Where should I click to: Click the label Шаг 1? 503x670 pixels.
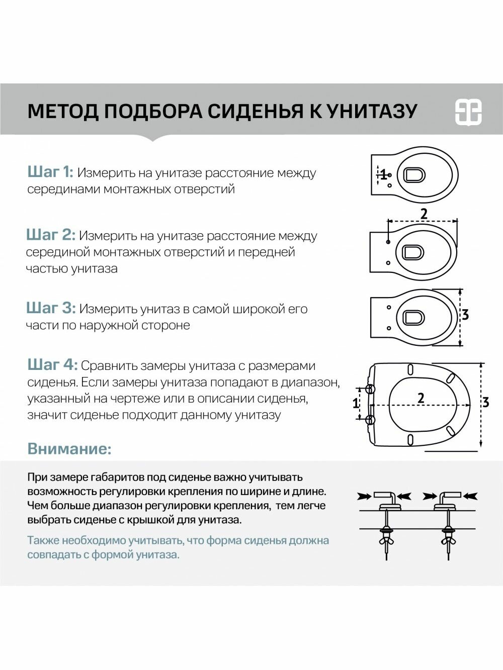(50, 172)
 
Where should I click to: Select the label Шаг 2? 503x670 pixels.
(51, 235)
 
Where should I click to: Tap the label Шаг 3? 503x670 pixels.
(51, 308)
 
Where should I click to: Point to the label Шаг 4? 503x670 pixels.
(52, 365)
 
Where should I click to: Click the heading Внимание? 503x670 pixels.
(69, 448)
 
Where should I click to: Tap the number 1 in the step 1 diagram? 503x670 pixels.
(384, 175)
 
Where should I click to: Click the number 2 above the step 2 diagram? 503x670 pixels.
(424, 214)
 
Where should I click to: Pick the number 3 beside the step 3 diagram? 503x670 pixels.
(465, 315)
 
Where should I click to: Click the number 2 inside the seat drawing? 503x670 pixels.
(421, 398)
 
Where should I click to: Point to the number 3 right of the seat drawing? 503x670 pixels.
(485, 402)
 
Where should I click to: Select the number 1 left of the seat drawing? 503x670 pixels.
(356, 403)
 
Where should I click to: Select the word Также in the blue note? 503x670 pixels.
(43, 541)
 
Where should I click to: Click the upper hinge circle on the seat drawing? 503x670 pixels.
(370, 389)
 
